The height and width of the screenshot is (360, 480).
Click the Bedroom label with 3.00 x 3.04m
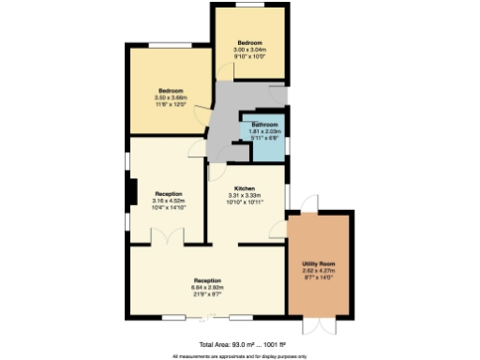[x=250, y=43]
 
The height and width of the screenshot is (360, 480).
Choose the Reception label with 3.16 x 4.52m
[x=169, y=194]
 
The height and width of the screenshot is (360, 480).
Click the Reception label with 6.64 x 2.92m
[x=207, y=280]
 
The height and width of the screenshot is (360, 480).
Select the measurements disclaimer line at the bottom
[x=240, y=356]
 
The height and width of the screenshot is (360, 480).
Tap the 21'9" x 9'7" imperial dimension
[x=207, y=293]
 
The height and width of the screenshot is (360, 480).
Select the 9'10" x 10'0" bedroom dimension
[x=250, y=56]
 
